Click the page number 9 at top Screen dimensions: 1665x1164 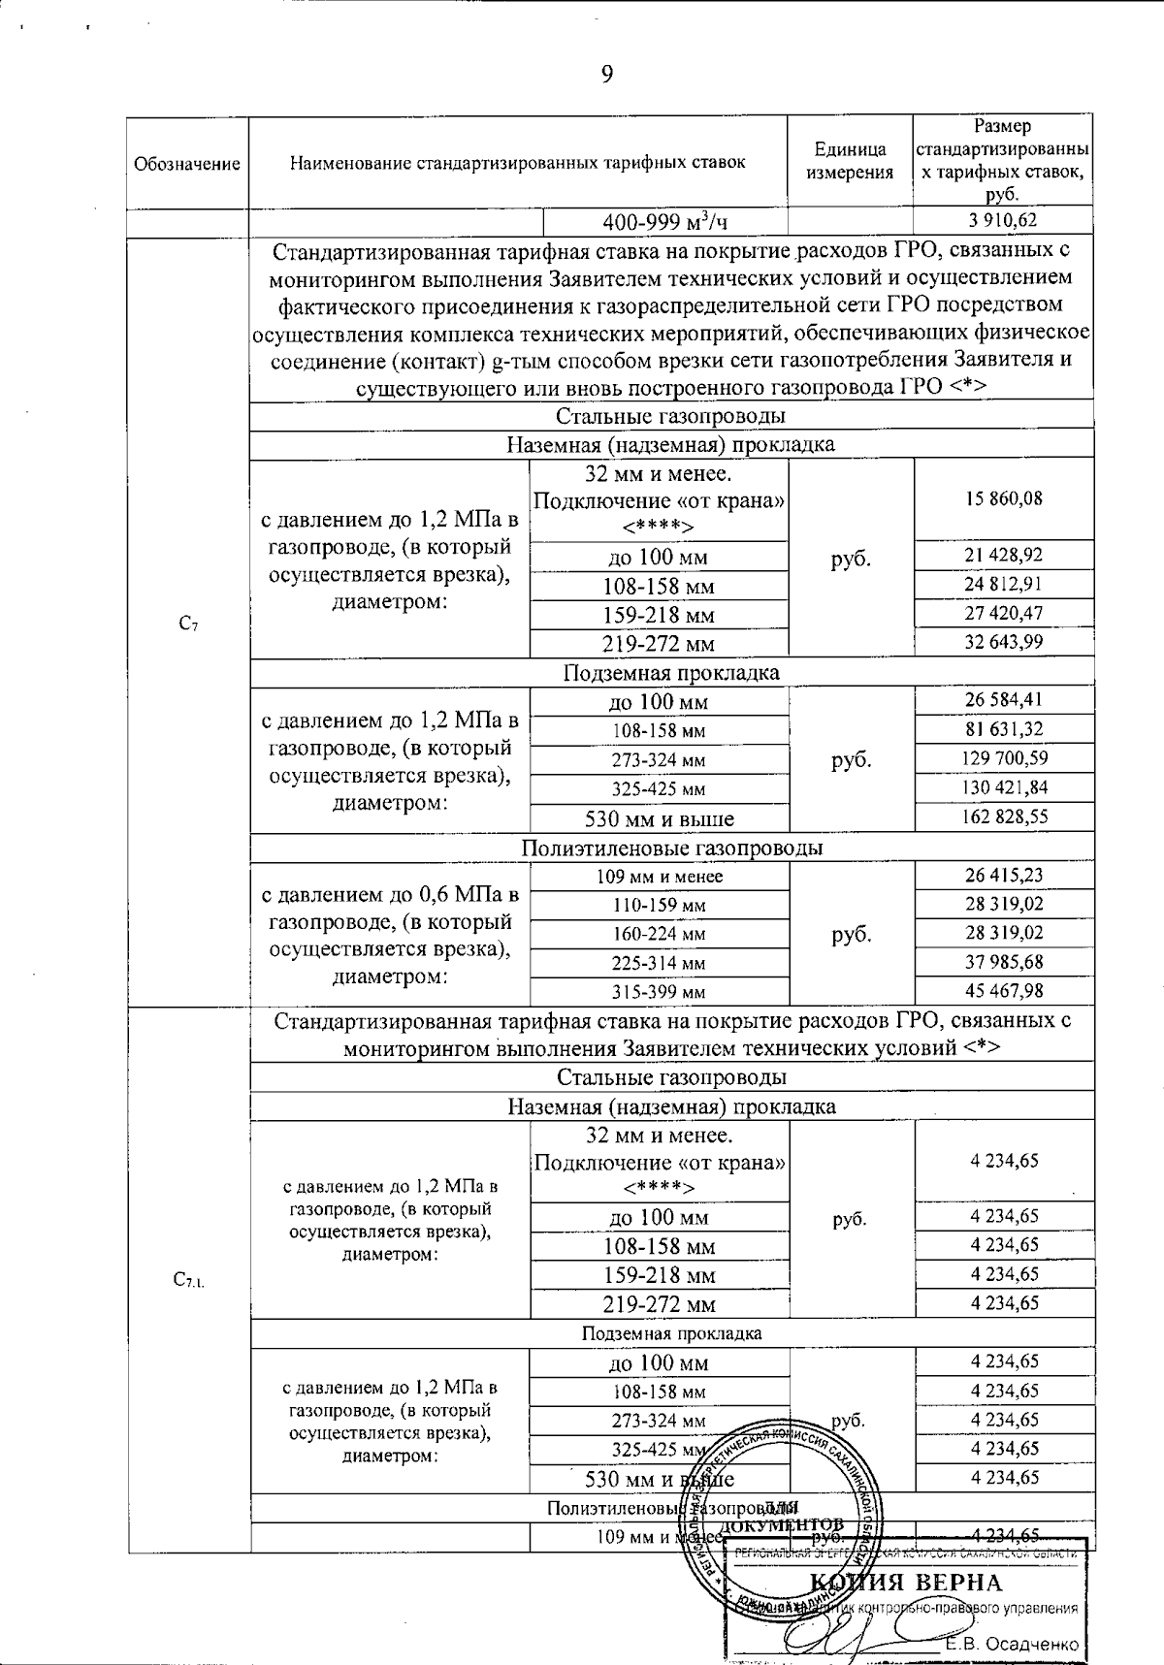[x=606, y=75]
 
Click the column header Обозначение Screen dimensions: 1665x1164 [x=186, y=164]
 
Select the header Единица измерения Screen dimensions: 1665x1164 [x=850, y=162]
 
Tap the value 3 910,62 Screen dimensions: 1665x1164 [x=1003, y=221]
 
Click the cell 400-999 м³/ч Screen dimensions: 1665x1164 [x=664, y=222]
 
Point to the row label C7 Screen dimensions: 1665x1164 [x=189, y=625]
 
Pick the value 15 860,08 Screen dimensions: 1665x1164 [x=1003, y=498]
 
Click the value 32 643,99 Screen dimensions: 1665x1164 [x=1003, y=642]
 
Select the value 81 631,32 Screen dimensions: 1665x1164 [x=1003, y=729]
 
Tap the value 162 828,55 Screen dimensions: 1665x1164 [x=1003, y=816]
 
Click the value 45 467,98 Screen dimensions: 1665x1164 [x=1003, y=990]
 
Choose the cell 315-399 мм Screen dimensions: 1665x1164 [x=659, y=992]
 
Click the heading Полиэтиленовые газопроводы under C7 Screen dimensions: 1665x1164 [x=671, y=848]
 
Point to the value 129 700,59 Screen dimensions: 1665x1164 [x=1003, y=758]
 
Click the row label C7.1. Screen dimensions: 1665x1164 [x=189, y=1281]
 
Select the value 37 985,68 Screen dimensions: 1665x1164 [x=1003, y=962]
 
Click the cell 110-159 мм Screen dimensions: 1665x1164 [x=659, y=906]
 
